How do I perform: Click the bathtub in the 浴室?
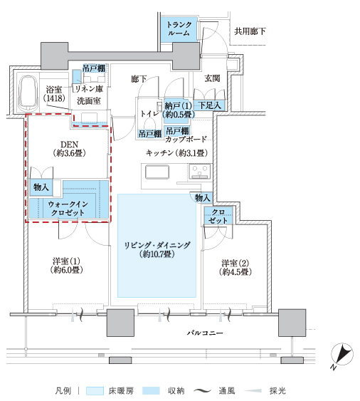click(x=29, y=93)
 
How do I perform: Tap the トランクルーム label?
click(x=179, y=28)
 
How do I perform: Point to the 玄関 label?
click(x=212, y=78)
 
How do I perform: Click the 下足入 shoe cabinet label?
click(x=209, y=105)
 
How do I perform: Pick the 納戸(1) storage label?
click(x=178, y=110)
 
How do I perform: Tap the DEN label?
click(x=69, y=149)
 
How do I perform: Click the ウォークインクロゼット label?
click(x=68, y=208)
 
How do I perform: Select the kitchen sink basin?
click(x=157, y=172)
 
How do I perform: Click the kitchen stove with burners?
click(x=200, y=172)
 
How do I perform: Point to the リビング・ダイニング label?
click(x=157, y=249)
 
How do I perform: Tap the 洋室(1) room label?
click(x=66, y=266)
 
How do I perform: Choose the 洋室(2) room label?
click(x=235, y=267)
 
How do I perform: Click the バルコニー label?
click(x=205, y=333)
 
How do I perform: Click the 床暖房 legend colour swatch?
click(x=95, y=391)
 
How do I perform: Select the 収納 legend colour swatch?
click(x=152, y=391)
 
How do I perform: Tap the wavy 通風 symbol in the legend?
click(x=203, y=391)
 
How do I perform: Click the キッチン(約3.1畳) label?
click(x=176, y=153)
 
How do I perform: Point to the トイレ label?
click(x=149, y=113)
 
